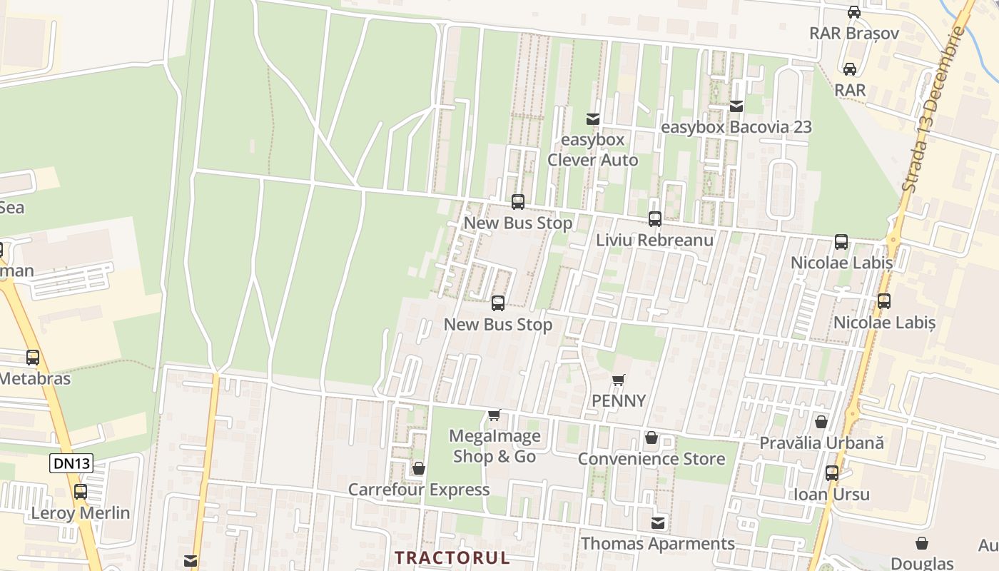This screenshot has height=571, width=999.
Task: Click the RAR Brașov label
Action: (x=853, y=33)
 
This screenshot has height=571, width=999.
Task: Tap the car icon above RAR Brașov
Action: (x=853, y=11)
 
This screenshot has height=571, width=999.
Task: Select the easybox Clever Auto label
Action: (x=592, y=150)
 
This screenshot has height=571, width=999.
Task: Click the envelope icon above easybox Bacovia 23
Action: (x=736, y=106)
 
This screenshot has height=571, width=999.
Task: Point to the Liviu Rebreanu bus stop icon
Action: (x=654, y=219)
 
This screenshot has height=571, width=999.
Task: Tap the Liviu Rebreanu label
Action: (x=654, y=240)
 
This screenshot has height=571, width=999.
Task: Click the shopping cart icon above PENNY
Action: (x=619, y=380)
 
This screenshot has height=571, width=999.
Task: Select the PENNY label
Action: (x=619, y=400)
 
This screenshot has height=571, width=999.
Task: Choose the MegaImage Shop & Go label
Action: (x=495, y=446)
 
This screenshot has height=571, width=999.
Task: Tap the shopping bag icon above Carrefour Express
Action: (x=419, y=468)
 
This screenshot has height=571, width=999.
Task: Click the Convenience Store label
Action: (x=651, y=459)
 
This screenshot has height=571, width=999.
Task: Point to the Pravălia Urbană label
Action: (x=821, y=443)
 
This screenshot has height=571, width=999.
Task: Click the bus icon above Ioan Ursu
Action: (x=831, y=473)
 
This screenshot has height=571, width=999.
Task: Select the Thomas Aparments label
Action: (x=657, y=544)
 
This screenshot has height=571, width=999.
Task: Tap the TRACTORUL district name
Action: (x=452, y=557)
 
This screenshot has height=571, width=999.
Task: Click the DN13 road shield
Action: (x=71, y=463)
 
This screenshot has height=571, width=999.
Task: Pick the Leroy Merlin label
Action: (x=80, y=512)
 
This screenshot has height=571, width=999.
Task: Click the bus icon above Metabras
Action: (x=32, y=358)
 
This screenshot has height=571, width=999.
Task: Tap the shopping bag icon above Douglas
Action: (x=922, y=543)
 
